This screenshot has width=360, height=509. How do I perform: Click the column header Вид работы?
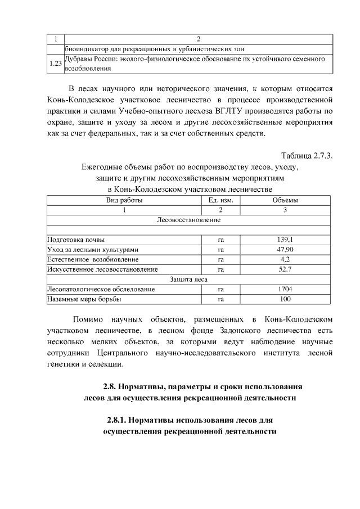coord(124,200)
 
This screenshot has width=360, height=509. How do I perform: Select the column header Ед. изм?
coord(220,200)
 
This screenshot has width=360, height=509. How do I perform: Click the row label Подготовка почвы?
coord(76,240)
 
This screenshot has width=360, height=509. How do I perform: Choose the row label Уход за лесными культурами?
coord(93,249)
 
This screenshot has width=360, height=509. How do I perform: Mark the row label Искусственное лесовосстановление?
coord(102,269)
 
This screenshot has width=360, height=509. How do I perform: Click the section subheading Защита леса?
coord(188,279)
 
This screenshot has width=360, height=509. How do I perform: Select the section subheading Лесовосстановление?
coord(188,219)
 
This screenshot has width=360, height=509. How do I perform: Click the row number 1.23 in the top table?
coord(55,64)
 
